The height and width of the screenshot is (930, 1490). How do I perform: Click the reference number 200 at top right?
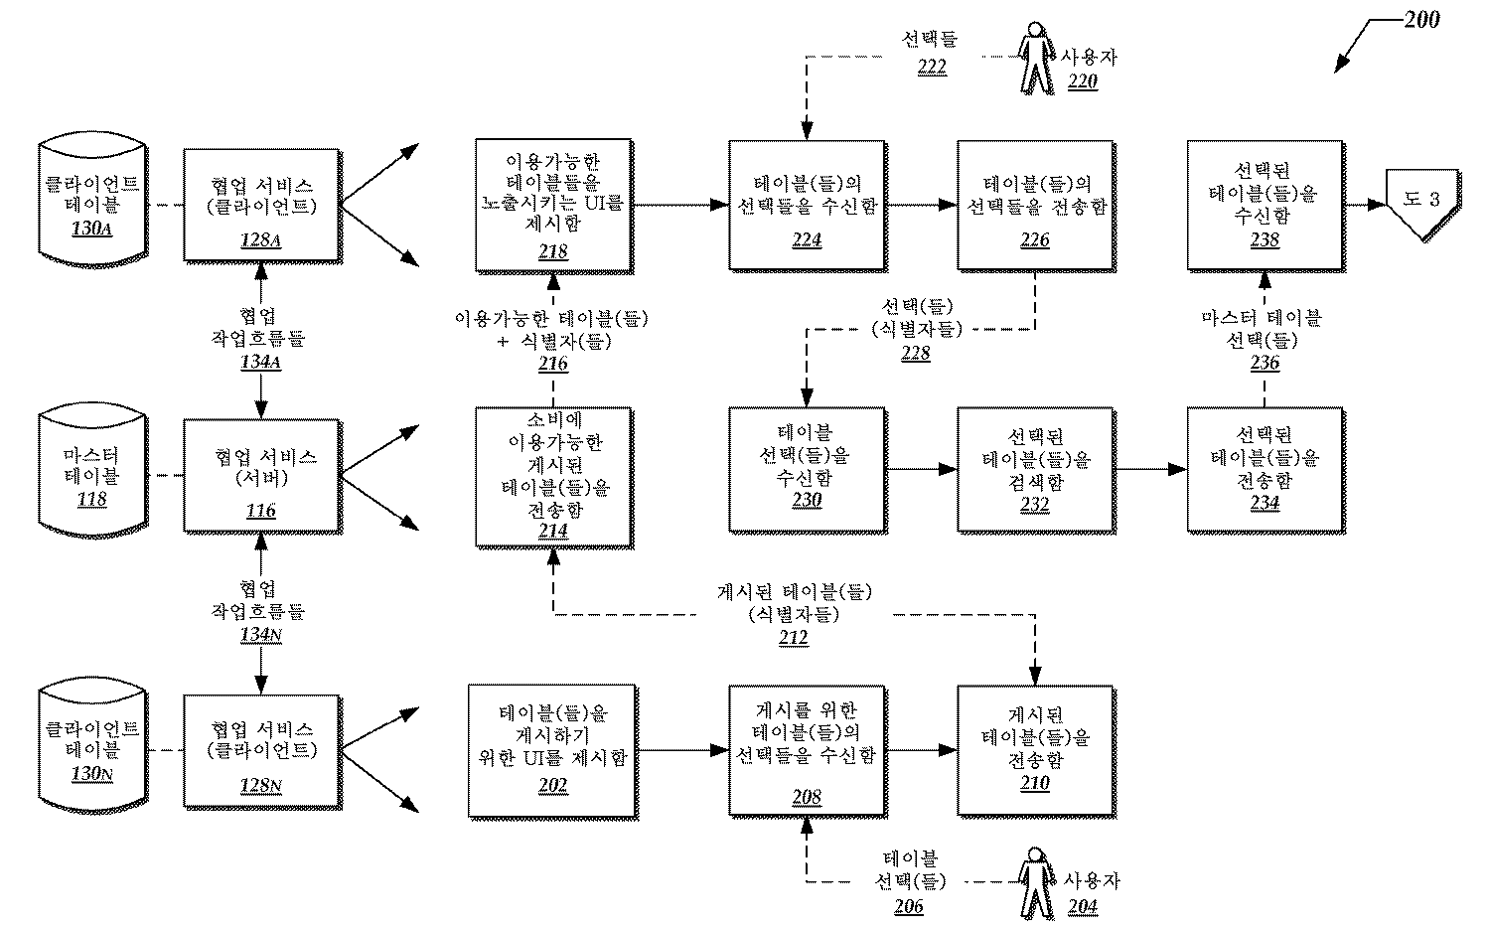[x=1421, y=20]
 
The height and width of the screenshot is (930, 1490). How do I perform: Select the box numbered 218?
[x=553, y=206]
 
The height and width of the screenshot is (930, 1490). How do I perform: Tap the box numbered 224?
[x=807, y=206]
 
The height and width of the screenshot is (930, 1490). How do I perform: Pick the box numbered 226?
[x=1035, y=206]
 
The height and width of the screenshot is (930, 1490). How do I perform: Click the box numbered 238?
[x=1265, y=206]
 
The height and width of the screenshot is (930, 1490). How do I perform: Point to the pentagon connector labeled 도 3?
[x=1422, y=203]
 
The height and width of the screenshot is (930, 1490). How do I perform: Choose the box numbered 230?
[x=807, y=469]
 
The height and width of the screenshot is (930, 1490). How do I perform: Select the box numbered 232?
[x=1035, y=469]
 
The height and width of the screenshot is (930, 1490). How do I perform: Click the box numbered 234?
[x=1265, y=469]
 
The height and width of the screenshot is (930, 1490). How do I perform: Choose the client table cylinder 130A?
[x=92, y=206]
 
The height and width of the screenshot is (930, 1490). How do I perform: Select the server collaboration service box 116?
[x=261, y=477]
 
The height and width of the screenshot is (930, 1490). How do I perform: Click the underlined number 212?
[x=793, y=638]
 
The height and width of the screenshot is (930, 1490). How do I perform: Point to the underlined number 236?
[x=1265, y=363]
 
